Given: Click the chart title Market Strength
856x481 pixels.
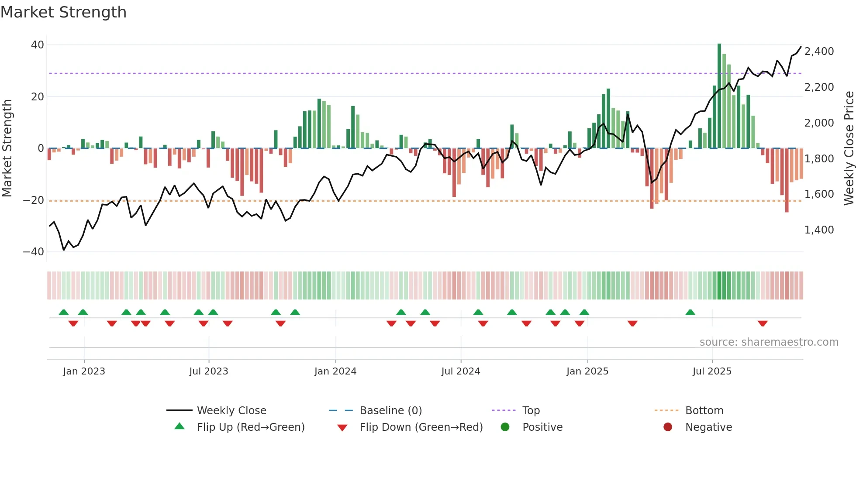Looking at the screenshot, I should click(63, 12).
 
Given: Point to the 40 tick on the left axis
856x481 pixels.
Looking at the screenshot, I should click(38, 45).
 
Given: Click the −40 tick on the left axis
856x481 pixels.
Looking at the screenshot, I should click(34, 252).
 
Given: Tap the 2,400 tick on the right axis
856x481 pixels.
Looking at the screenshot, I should click(819, 52).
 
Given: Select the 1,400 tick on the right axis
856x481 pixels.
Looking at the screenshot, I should click(819, 230).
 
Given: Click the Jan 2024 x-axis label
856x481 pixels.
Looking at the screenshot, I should click(335, 371).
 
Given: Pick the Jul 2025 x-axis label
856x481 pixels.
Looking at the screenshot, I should click(711, 371).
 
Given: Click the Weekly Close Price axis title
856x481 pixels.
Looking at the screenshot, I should click(849, 148).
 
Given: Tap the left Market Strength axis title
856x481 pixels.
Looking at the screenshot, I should click(7, 148).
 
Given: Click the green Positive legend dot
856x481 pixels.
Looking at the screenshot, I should click(505, 427).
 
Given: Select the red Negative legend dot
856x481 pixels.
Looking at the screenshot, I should click(667, 427).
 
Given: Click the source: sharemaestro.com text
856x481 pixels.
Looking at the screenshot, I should click(769, 342).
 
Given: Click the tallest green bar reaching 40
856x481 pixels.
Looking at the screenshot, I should click(719, 96).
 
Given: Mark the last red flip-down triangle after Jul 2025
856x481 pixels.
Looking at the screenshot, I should click(763, 323).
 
